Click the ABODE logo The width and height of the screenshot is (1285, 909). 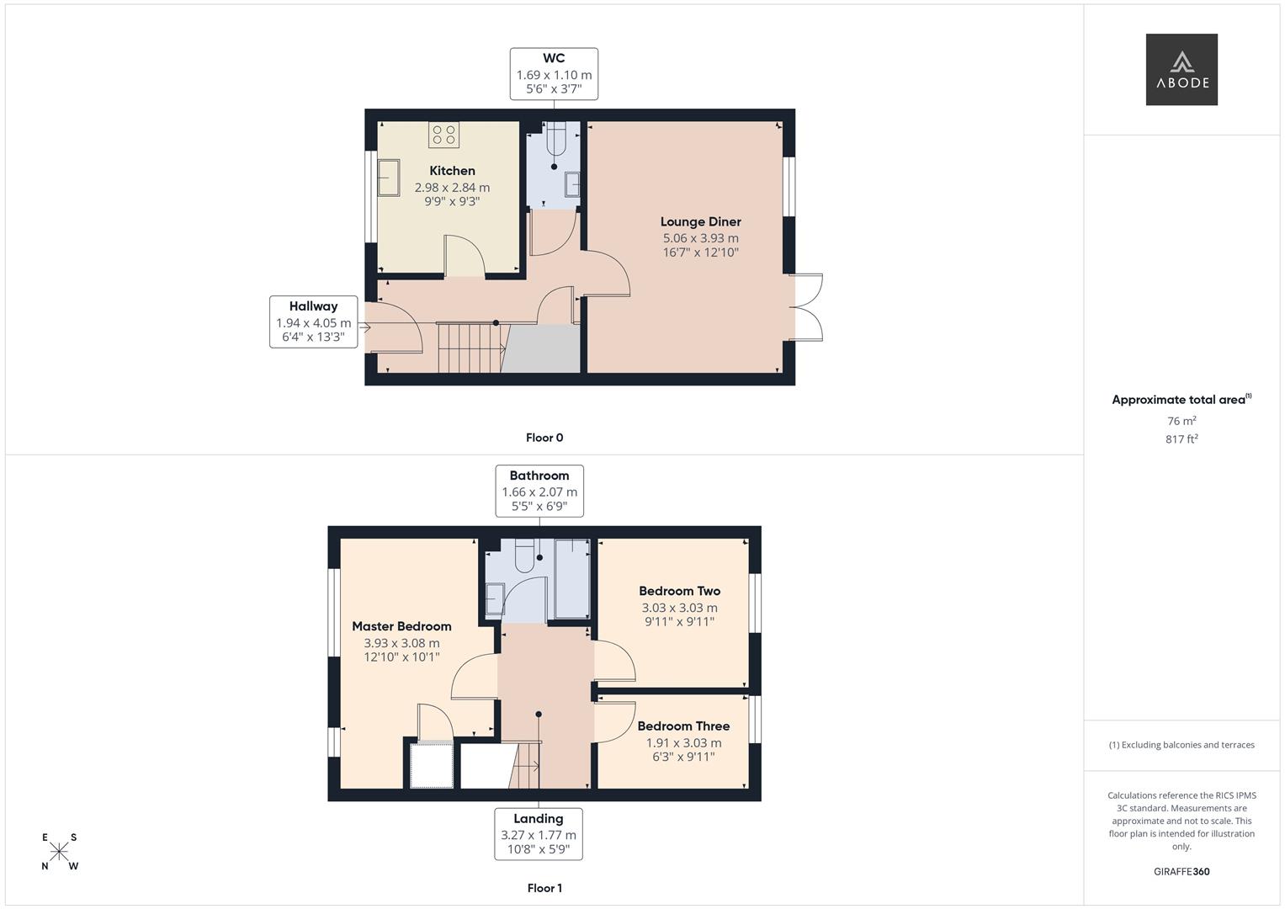(1181, 69)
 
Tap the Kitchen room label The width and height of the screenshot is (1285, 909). (452, 170)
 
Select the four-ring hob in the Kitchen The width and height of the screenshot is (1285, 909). (443, 135)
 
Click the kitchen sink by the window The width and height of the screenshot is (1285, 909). (389, 178)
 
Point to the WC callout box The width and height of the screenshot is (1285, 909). (554, 74)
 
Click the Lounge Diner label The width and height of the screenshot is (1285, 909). (700, 221)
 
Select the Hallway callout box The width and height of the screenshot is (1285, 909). (313, 322)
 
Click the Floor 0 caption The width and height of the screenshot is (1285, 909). (544, 438)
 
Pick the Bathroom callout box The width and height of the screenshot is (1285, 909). (539, 492)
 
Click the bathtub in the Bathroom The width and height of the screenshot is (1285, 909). (572, 578)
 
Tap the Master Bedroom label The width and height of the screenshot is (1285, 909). (401, 626)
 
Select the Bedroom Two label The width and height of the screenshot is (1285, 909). (679, 591)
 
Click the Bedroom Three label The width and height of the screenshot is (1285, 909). (683, 726)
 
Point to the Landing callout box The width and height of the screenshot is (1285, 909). (538, 834)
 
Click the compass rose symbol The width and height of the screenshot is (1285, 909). (59, 852)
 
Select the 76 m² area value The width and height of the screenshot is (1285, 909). (1181, 421)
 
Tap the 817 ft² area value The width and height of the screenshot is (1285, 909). (1181, 439)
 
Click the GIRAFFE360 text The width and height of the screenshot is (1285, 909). (1181, 871)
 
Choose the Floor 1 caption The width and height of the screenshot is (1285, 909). (544, 888)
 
